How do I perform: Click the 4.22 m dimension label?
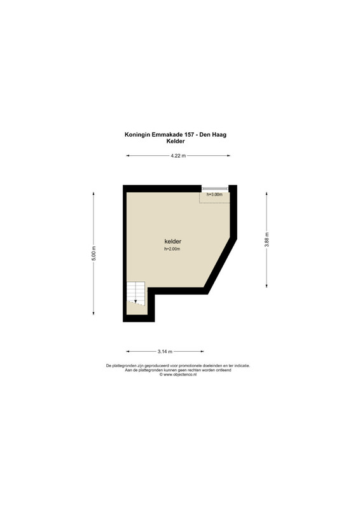click(x=178, y=155)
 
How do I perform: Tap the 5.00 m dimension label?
click(x=93, y=253)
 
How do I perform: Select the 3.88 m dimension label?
click(x=267, y=240)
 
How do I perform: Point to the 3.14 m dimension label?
click(x=165, y=351)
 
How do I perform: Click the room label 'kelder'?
click(x=173, y=242)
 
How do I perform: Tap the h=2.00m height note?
click(x=172, y=249)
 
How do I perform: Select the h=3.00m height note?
click(x=214, y=195)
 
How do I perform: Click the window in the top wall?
click(x=215, y=188)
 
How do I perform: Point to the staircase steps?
click(x=135, y=293)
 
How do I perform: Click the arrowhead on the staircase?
click(x=135, y=302)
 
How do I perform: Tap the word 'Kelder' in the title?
click(x=176, y=141)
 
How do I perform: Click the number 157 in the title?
click(x=190, y=135)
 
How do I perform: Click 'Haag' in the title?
click(x=219, y=135)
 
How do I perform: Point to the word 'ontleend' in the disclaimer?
click(x=224, y=370)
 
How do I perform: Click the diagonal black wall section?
click(x=220, y=265)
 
